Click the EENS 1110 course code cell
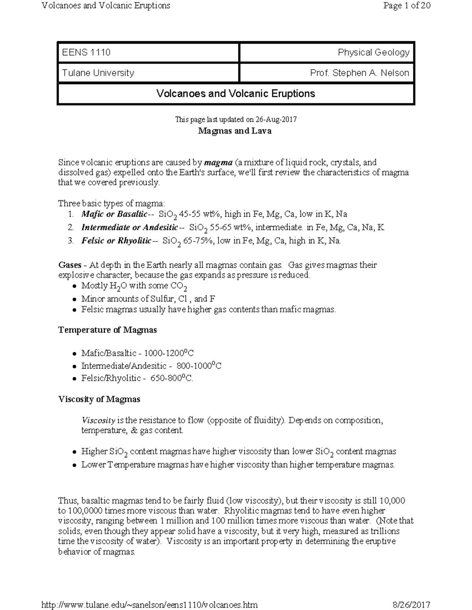(148, 53)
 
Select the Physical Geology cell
(326, 53)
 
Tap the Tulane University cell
(148, 73)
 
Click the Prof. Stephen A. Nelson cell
(326, 73)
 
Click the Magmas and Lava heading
(235, 131)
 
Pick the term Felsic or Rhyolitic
(116, 241)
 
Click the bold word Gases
(70, 265)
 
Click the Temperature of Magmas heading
(107, 330)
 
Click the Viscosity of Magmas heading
(99, 399)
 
